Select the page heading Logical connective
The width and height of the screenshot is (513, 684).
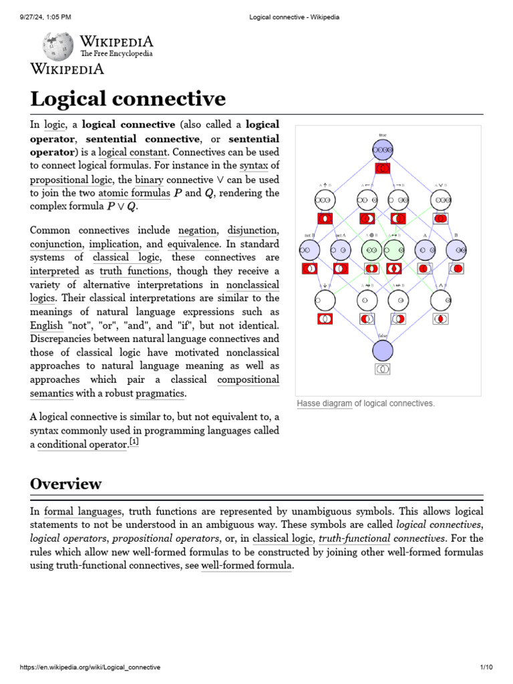click(x=128, y=99)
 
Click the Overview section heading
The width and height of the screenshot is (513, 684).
click(x=66, y=484)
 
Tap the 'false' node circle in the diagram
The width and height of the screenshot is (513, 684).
click(x=383, y=350)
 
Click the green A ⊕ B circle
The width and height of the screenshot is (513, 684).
click(x=371, y=250)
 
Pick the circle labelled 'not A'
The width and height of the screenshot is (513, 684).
click(x=341, y=250)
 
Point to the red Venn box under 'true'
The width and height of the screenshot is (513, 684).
click(x=383, y=168)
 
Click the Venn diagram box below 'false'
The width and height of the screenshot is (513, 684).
click(x=383, y=369)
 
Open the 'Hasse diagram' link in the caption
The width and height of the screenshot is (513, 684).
click(x=324, y=403)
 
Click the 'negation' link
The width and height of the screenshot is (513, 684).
click(x=197, y=230)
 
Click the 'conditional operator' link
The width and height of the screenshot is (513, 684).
click(x=82, y=445)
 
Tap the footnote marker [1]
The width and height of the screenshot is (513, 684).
click(x=134, y=442)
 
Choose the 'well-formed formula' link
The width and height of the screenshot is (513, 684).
click(x=246, y=566)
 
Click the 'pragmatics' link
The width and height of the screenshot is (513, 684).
click(x=160, y=393)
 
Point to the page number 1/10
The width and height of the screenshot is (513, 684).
click(x=486, y=667)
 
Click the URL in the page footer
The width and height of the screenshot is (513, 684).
click(x=90, y=667)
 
